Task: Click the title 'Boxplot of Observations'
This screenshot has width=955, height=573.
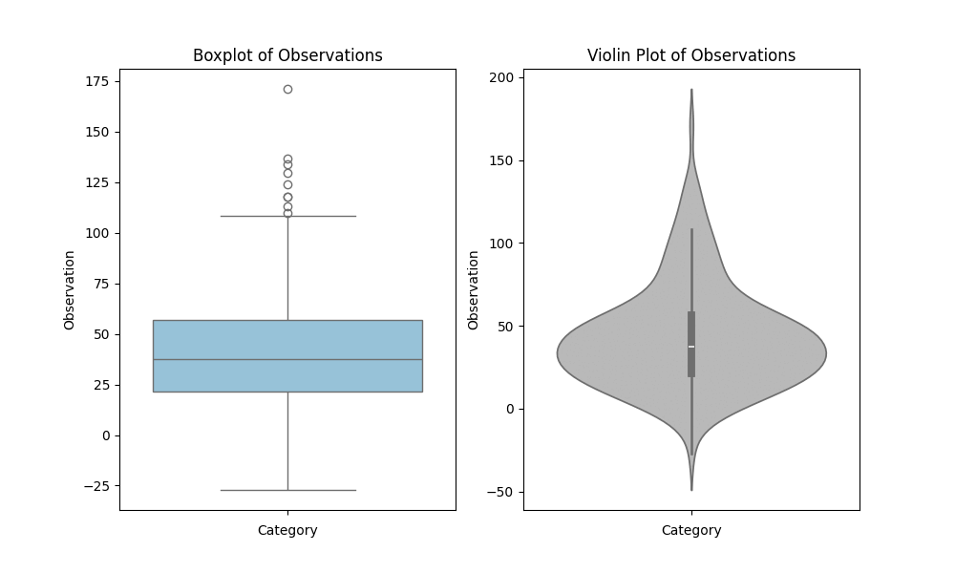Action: click(287, 55)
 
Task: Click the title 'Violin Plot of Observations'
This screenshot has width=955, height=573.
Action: click(691, 55)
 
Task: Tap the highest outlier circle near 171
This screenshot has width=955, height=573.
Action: click(287, 89)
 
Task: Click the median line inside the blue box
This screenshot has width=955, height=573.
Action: click(287, 359)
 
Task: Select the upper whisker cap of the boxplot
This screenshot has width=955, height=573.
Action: click(287, 216)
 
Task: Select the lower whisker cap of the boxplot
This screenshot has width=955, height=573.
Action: click(287, 490)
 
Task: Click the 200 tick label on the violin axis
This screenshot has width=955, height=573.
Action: click(501, 77)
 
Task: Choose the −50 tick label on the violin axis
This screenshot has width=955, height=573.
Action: click(501, 492)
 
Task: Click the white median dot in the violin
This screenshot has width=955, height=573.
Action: click(691, 347)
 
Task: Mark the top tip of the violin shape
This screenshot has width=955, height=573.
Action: click(691, 90)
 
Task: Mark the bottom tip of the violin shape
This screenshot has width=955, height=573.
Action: click(691, 490)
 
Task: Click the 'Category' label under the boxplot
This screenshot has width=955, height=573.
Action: click(287, 530)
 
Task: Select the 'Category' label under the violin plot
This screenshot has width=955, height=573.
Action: click(691, 530)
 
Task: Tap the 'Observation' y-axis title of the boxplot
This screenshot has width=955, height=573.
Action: click(70, 290)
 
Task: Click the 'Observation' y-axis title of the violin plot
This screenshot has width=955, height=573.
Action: click(474, 290)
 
